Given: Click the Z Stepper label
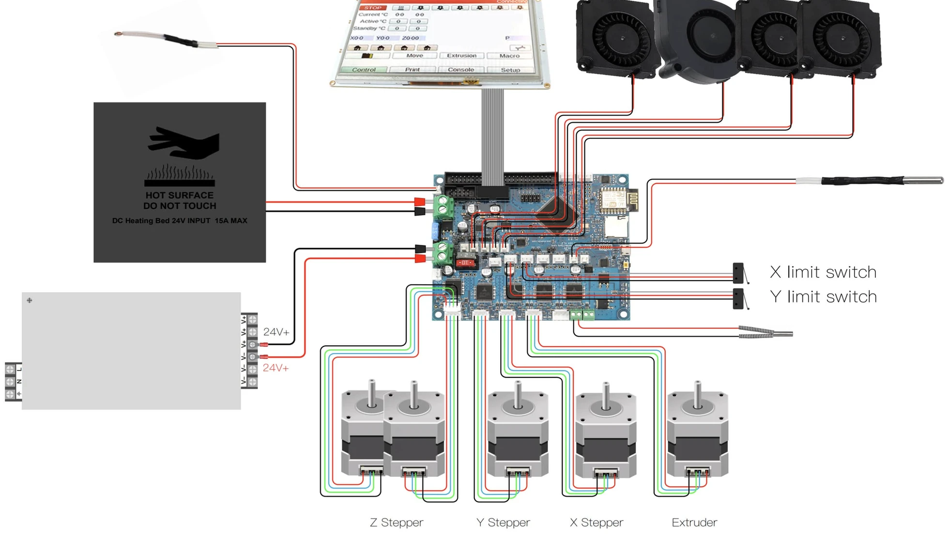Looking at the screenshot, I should point(396,522).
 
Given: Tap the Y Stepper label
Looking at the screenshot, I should point(503,522).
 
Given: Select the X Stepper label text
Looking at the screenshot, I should point(596,522).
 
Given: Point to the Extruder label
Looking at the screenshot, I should point(694,522).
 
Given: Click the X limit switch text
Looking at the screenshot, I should point(823,272).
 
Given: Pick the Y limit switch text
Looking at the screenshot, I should point(823,297).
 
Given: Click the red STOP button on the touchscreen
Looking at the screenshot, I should point(373,7).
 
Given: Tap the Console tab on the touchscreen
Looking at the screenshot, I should point(460,70).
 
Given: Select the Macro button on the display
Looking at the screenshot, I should point(509,56).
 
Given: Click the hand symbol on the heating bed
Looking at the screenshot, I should point(184,143).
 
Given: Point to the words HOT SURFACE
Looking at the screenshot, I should point(180,195).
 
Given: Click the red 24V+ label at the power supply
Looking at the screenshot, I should point(276,368).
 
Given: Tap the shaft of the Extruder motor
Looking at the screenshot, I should point(697,394).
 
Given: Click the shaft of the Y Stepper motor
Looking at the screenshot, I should point(518,394).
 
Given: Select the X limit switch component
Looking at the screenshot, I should point(738,273).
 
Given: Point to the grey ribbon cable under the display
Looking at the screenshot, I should point(492,135).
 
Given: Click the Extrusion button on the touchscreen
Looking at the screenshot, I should point(461,56).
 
